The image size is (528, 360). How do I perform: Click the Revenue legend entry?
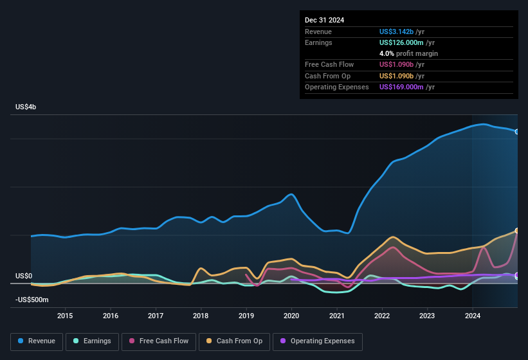(x=37, y=341)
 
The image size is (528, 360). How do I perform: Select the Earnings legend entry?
(x=93, y=341)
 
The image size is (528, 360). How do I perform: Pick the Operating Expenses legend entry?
(x=317, y=341)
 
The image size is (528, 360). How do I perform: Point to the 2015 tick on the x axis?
(x=65, y=315)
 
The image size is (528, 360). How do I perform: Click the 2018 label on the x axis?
(x=201, y=315)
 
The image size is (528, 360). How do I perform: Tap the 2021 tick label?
(x=337, y=315)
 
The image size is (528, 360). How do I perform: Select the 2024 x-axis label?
(x=473, y=315)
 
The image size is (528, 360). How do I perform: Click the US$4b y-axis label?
(x=26, y=107)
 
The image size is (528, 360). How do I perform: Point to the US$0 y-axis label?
(x=24, y=276)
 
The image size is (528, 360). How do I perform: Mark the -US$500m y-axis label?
(x=32, y=300)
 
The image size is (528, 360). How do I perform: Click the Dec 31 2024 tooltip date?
(x=324, y=20)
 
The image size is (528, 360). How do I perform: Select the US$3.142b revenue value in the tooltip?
(x=397, y=32)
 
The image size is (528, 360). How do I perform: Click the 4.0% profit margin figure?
(x=387, y=53)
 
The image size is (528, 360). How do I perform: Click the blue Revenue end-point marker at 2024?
(x=517, y=132)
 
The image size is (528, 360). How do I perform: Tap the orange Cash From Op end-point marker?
(x=517, y=231)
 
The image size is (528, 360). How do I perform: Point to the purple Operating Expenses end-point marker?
(x=517, y=275)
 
